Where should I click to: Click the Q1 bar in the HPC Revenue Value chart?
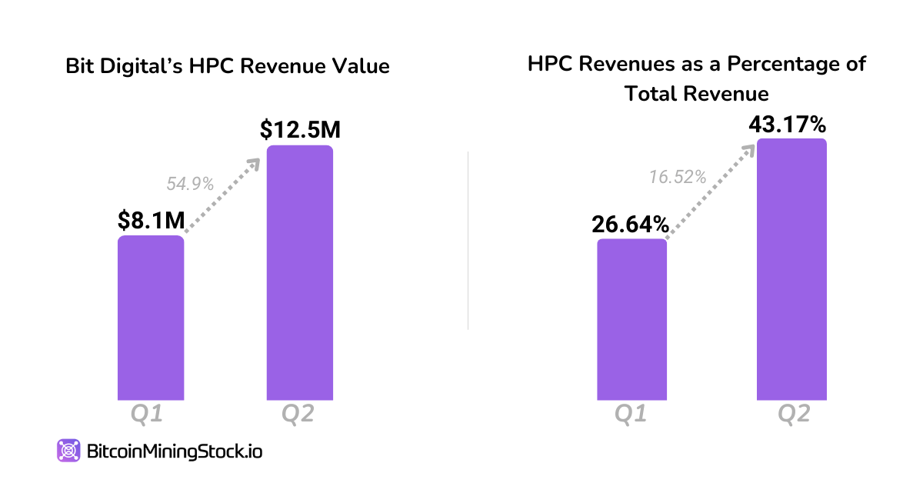coord(151,318)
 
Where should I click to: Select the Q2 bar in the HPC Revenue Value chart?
coord(300,272)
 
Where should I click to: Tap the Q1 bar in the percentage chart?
coord(631,319)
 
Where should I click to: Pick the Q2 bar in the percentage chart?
coord(792,269)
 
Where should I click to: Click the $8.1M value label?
coord(152,221)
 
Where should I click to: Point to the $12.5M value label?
coord(300,130)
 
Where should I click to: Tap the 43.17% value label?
coord(791,123)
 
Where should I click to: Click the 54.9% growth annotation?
coord(190,184)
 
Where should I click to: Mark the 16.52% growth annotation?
coord(677,177)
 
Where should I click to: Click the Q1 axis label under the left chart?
coord(145,415)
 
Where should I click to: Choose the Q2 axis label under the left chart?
coord(298,415)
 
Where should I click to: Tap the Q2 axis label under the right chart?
coord(794,415)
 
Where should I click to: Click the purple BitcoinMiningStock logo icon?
coord(68,451)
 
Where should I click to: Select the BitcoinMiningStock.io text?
coord(175,451)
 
